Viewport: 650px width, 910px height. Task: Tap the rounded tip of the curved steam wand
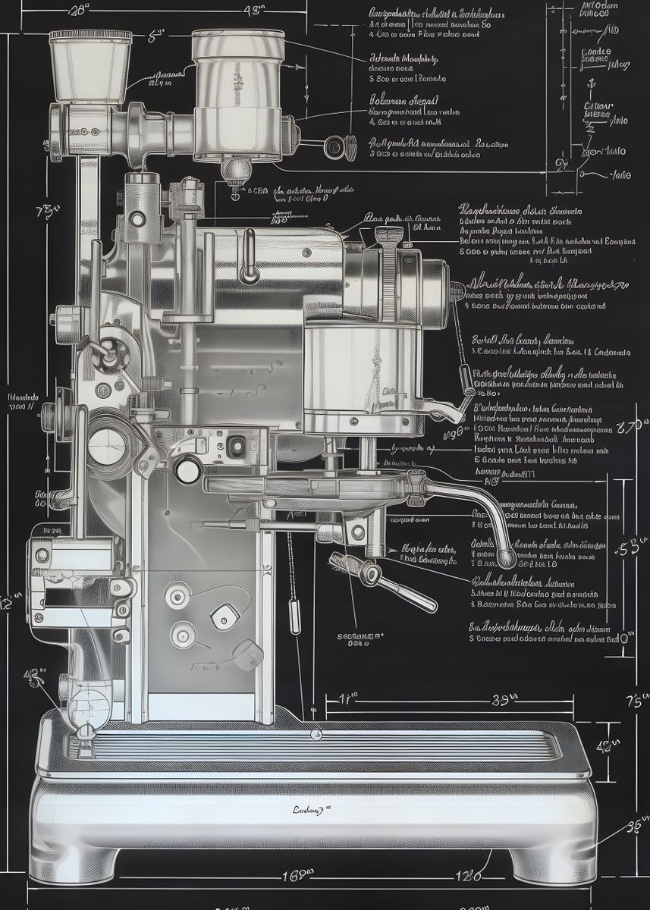(506, 559)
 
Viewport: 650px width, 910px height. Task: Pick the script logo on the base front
(308, 809)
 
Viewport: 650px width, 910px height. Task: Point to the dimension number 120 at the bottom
(467, 877)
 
